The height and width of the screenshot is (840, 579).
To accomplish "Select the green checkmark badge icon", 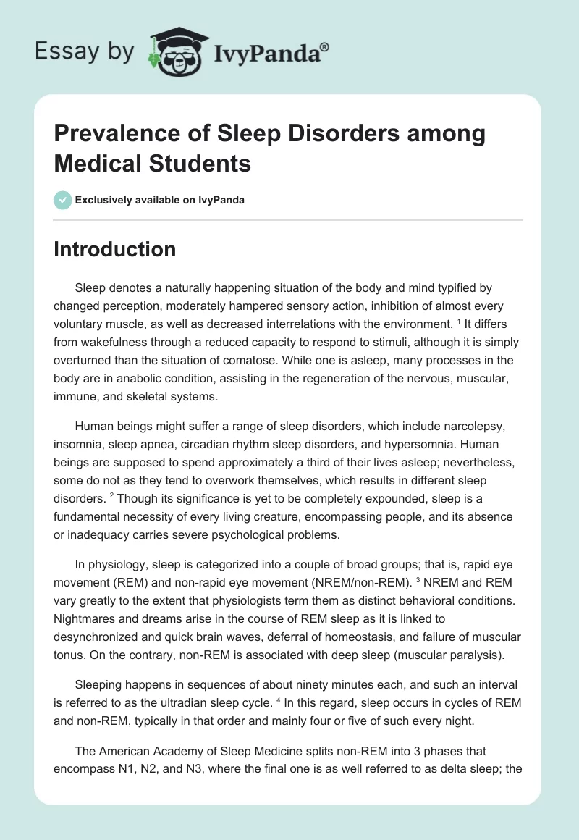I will (x=63, y=200).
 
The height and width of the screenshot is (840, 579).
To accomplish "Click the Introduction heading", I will (x=115, y=250).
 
